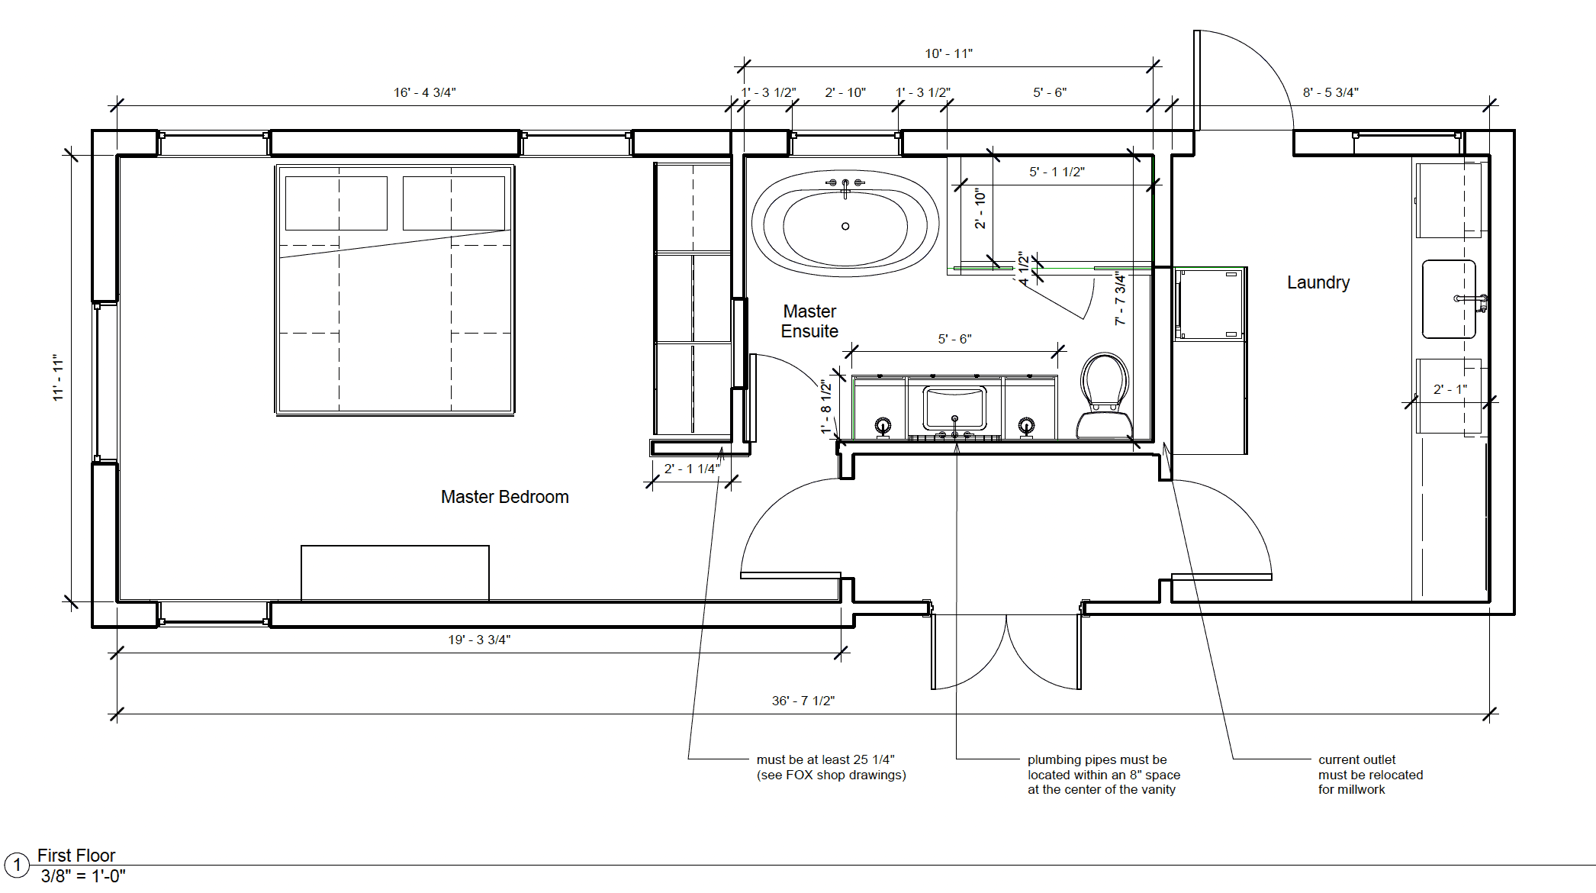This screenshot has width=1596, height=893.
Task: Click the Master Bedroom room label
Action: coord(505,497)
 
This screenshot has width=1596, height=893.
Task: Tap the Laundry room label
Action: coord(1318,282)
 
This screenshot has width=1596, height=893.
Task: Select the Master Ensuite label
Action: coord(809,321)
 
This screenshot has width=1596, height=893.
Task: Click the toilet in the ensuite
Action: coord(1104,396)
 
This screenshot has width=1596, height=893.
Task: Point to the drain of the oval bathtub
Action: coord(845,226)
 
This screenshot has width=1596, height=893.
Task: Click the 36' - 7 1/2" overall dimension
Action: coord(803,701)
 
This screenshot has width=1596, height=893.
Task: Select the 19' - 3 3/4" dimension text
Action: coord(479,640)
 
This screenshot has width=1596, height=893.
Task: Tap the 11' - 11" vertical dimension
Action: coord(58,377)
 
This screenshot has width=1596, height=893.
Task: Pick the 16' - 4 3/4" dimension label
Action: coord(424,92)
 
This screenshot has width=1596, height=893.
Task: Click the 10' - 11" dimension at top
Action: coord(948,53)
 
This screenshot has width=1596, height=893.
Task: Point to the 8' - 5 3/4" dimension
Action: coord(1331,92)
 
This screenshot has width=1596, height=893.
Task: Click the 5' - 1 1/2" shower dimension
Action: coord(1057,172)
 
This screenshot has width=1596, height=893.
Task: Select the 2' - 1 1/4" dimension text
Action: coord(692,469)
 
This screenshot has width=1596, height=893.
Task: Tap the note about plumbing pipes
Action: coord(1103,775)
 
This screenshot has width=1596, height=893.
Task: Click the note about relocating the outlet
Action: coord(1370,775)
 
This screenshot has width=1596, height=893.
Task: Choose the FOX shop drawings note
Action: coord(831,767)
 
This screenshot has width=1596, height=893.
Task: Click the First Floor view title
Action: coord(76,856)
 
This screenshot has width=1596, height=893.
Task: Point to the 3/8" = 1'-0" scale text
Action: coord(83,876)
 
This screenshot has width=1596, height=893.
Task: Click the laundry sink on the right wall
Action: coord(1450,299)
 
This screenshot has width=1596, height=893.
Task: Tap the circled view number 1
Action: coord(17,866)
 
